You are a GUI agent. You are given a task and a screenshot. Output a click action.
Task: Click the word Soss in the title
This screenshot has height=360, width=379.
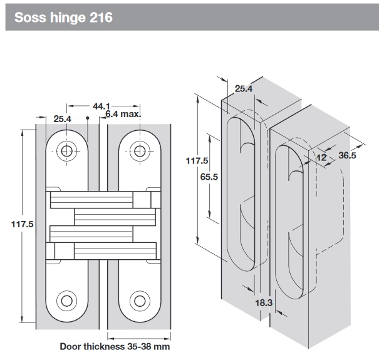pos(28,17)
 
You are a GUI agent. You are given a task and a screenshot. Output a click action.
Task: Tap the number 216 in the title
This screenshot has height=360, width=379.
pos(100,17)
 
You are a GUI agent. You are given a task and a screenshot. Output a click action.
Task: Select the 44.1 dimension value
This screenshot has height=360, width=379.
pos(101,106)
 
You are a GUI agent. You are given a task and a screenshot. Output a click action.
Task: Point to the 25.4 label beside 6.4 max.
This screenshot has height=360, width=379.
pos(63,119)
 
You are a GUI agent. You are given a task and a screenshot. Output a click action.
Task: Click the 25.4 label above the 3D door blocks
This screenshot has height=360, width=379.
pos(243,89)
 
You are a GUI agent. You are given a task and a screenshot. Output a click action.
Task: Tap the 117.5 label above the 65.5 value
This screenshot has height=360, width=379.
pos(197,161)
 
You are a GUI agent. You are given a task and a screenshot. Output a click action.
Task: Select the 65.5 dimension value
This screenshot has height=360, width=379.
pos(209,177)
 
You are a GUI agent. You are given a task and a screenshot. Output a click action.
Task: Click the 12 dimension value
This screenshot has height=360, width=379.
pos(321,157)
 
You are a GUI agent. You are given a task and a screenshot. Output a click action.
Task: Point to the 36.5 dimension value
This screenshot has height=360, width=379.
pos(347,155)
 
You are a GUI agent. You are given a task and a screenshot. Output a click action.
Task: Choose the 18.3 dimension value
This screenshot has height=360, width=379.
pos(263,302)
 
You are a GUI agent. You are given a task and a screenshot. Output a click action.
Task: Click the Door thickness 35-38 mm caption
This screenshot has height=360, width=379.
pos(115,346)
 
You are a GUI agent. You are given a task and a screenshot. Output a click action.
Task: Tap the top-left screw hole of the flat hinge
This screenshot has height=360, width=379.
pos(66,150)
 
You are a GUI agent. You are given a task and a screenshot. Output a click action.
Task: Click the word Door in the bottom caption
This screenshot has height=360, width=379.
pos(71,346)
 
